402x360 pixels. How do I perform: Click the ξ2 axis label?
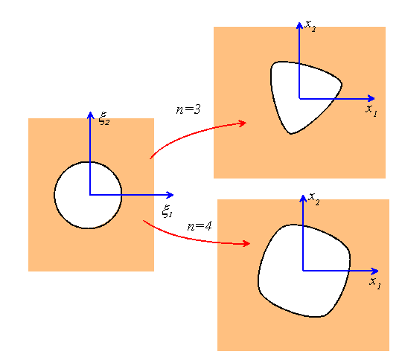click(x=104, y=118)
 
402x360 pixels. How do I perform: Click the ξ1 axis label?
click(x=167, y=211)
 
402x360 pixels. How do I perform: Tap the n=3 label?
click(x=188, y=109)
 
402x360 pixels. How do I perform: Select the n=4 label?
click(x=200, y=226)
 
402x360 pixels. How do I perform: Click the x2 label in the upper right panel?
click(x=310, y=26)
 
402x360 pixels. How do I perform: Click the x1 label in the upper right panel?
click(x=371, y=110)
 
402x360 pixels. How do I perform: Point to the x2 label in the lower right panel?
click(x=314, y=199)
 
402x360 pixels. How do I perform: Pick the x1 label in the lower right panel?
click(x=374, y=283)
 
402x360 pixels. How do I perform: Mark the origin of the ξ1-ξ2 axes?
click(x=90, y=195)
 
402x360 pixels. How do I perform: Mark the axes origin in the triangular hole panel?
click(x=299, y=98)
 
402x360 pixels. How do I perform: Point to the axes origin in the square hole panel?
click(x=303, y=271)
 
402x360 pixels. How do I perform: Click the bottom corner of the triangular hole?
click(x=291, y=133)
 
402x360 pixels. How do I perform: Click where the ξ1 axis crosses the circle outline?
click(x=121, y=195)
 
